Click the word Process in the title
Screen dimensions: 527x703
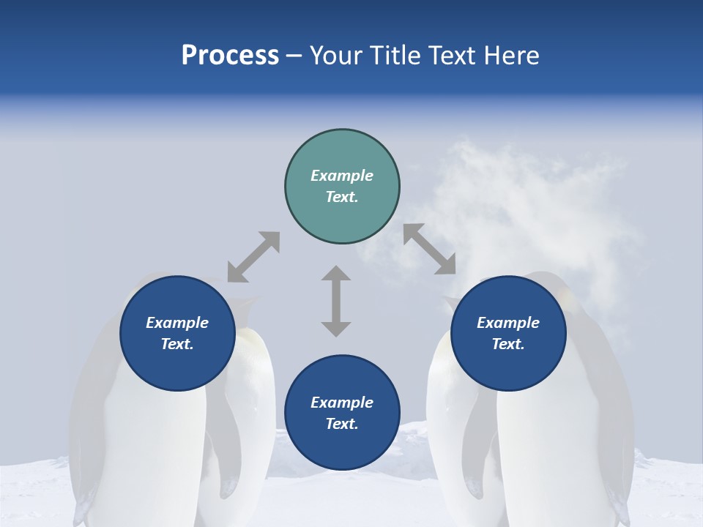tap(230, 56)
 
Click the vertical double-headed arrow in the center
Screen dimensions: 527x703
tap(336, 301)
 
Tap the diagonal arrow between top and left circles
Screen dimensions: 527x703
tap(253, 257)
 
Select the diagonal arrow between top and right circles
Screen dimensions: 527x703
tap(430, 249)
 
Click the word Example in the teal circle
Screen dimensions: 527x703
tap(342, 176)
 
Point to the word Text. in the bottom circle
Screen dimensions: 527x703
tap(342, 424)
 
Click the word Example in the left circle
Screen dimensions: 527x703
tap(177, 323)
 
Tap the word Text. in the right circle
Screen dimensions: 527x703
tap(508, 344)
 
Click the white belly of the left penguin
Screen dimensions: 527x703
tap(146, 454)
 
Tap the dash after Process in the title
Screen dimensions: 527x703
tap(294, 56)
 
